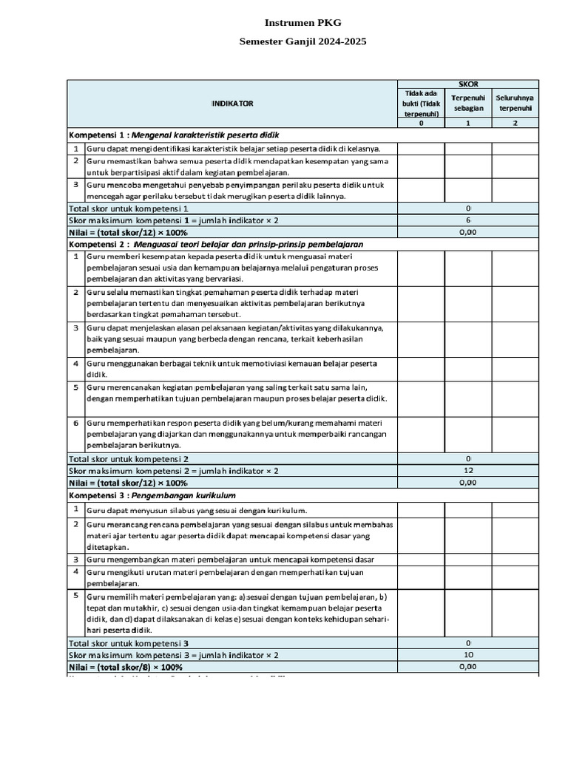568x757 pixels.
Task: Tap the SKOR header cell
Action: [468, 85]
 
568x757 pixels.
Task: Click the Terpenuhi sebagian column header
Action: [468, 102]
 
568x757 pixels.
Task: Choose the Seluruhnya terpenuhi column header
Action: [515, 102]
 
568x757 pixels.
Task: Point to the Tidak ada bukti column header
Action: [421, 103]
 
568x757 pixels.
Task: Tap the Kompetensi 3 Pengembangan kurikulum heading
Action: [152, 495]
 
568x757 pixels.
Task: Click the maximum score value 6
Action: [468, 220]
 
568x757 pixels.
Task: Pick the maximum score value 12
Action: [468, 470]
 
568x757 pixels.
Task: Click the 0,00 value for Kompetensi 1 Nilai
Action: [468, 232]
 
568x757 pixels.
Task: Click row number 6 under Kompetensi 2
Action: [75, 422]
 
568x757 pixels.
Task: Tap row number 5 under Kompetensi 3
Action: [75, 594]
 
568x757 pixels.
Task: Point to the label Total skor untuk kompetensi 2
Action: [129, 458]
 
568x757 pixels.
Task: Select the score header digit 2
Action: [515, 123]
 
